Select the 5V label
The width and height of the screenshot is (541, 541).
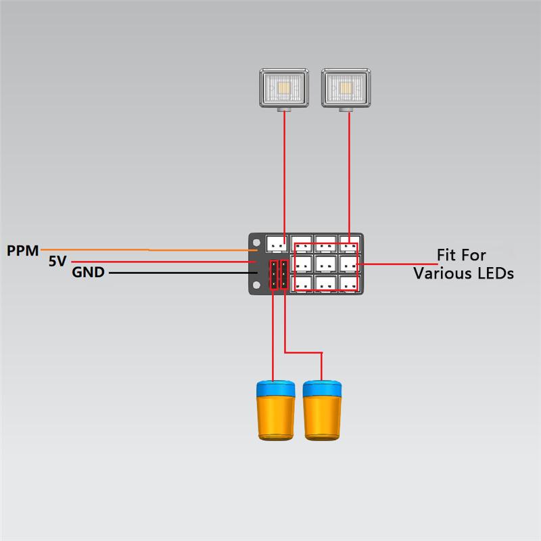[57, 261]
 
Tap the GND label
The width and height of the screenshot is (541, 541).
[88, 273]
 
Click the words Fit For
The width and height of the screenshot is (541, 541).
[462, 256]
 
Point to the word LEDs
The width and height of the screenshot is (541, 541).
[495, 273]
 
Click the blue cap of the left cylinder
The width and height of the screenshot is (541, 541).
[275, 388]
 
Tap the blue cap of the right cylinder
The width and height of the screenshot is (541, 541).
[322, 388]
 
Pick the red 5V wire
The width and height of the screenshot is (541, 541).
[162, 262]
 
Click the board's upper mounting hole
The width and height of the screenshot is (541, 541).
[257, 241]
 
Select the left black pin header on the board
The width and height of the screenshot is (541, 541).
[273, 274]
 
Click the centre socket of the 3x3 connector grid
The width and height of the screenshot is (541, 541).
[325, 262]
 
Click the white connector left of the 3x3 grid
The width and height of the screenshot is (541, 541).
[277, 242]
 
